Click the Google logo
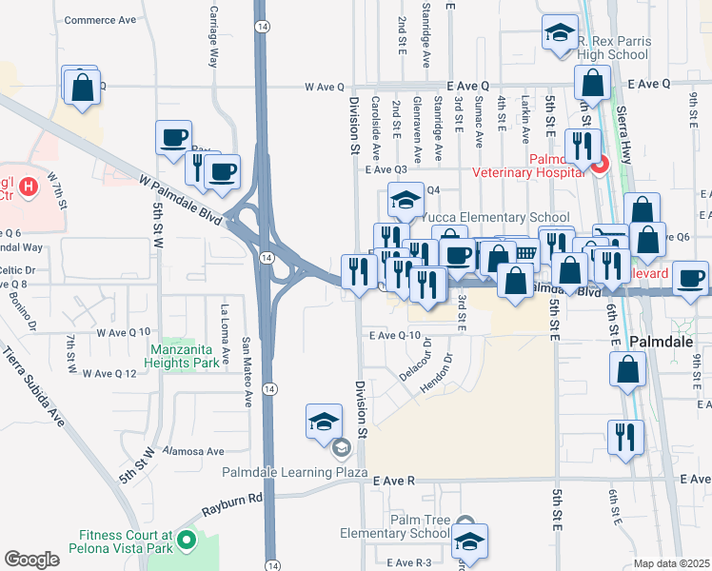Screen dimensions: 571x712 [32, 560]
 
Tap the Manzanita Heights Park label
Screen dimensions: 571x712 [191, 355]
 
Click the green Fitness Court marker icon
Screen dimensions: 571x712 [186, 541]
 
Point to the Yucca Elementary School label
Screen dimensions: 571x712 [495, 217]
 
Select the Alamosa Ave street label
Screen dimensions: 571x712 [193, 451]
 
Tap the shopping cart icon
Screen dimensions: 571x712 [524, 253]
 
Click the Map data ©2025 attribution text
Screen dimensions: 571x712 [671, 563]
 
